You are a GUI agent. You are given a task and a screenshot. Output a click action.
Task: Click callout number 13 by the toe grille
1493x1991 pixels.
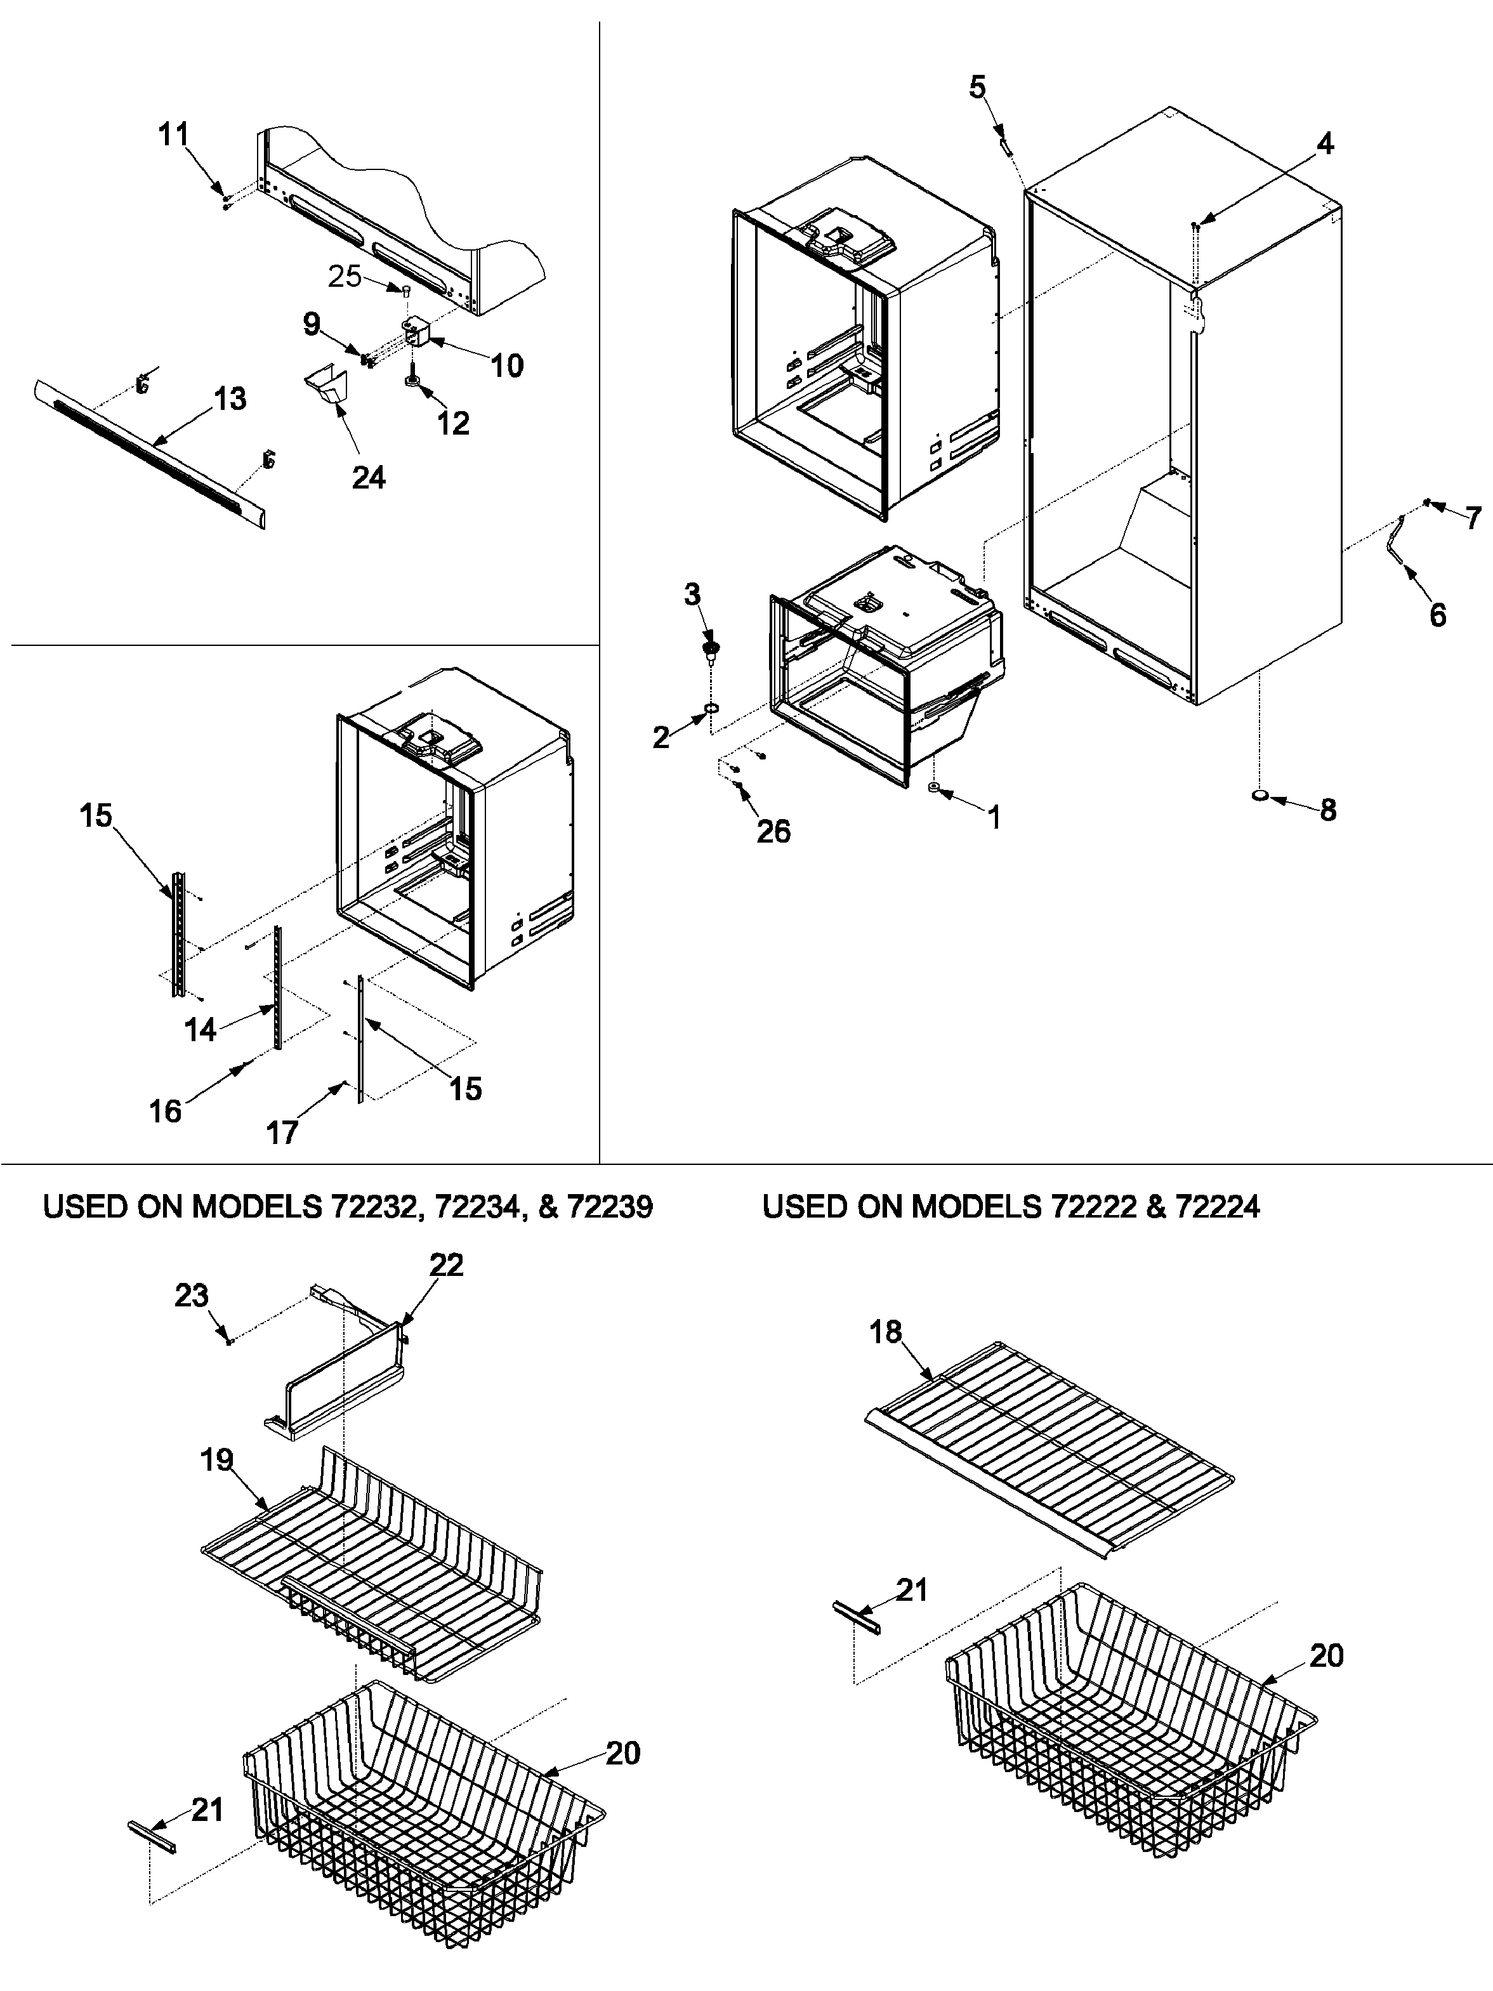(x=230, y=398)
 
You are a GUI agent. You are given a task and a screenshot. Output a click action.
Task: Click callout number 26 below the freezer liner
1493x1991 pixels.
(x=773, y=831)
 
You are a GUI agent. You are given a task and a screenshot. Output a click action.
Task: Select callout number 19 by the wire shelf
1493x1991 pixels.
(x=217, y=1459)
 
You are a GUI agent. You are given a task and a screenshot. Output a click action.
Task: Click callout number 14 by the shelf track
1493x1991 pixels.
(x=200, y=1030)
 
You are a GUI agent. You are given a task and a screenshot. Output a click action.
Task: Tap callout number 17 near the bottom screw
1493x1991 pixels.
(x=282, y=1133)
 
